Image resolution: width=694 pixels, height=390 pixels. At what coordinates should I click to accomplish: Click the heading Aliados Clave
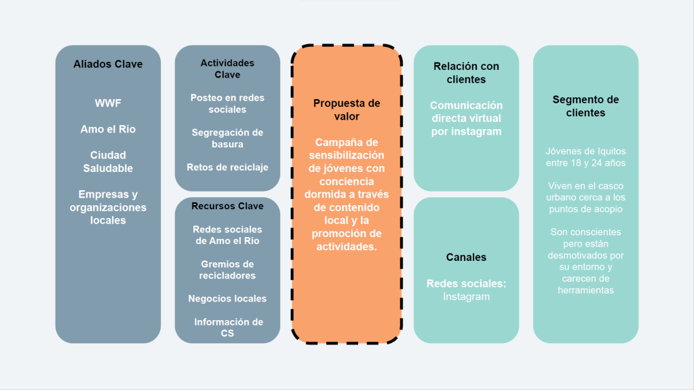108,64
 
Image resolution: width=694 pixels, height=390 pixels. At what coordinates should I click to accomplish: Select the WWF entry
108,103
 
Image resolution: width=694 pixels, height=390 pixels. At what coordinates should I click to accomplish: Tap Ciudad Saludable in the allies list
108,162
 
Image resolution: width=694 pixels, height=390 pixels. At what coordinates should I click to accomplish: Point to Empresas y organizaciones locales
108,207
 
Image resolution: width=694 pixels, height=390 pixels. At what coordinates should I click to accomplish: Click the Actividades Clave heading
227,68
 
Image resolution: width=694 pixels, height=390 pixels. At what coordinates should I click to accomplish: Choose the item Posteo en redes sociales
227,103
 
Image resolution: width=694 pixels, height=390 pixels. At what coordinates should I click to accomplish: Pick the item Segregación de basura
227,138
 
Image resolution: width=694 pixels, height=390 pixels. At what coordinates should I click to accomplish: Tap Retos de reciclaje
227,167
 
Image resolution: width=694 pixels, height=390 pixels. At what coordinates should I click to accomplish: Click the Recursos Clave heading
227,206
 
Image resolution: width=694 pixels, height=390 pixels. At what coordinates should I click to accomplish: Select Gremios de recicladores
227,270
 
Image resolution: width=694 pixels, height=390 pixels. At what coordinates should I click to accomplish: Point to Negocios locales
227,298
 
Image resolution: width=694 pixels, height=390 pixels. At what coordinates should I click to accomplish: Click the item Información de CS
227,327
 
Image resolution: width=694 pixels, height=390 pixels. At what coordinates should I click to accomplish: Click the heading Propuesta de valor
347,109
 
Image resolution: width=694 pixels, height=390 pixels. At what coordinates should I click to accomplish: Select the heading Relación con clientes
466,73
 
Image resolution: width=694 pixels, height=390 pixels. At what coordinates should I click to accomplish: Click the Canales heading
466,257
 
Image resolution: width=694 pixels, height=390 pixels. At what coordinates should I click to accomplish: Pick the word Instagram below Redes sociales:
466,296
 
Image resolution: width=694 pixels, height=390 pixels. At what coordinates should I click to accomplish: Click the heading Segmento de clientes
585,106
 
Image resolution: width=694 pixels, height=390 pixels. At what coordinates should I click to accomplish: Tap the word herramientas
585,290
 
